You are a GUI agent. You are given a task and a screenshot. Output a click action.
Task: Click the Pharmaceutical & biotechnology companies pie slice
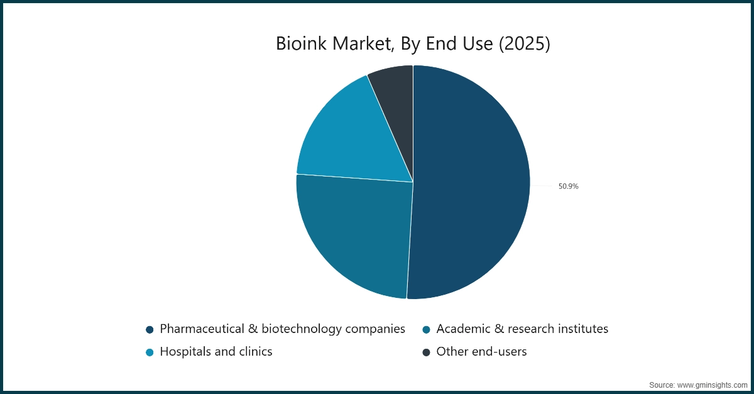tap(471, 182)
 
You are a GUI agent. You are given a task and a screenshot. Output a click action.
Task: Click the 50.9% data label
tap(568, 186)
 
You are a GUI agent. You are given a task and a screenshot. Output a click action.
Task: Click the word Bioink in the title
tap(303, 45)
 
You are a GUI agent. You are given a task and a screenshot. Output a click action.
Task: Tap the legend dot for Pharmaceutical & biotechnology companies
tap(150, 329)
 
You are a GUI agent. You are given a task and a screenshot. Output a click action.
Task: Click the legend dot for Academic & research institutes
tap(426, 329)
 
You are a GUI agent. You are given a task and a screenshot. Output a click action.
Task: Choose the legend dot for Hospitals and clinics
tap(150, 352)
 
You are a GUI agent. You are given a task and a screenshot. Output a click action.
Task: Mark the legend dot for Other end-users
tap(426, 352)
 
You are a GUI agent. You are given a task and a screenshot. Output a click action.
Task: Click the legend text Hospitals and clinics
tap(216, 352)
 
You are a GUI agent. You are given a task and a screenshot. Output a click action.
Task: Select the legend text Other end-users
tap(481, 352)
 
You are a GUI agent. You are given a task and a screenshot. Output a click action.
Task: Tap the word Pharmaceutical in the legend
tap(200, 329)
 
